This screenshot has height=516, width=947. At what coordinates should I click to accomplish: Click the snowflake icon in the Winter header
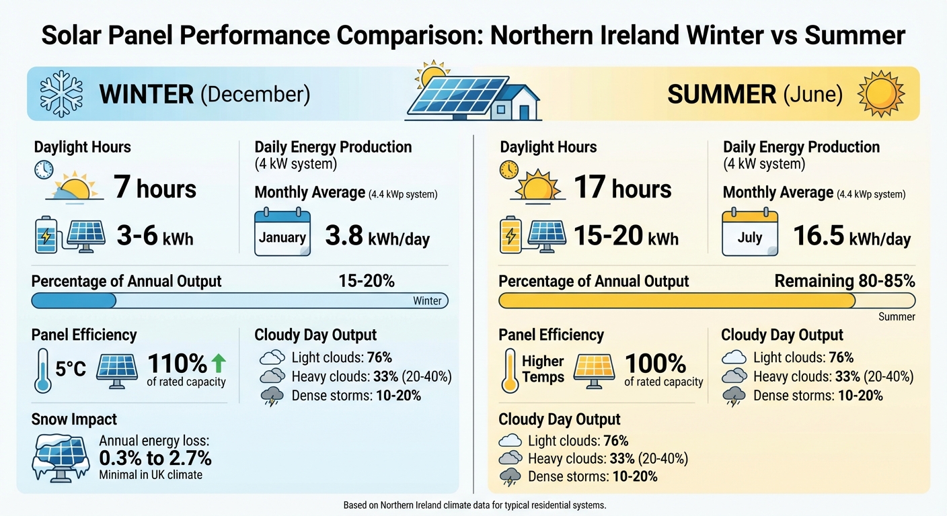click(62, 93)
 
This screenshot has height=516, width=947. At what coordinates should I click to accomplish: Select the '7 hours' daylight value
click(155, 187)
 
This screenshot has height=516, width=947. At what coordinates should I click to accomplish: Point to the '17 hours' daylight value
click(622, 187)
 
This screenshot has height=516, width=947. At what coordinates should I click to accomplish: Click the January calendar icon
click(282, 232)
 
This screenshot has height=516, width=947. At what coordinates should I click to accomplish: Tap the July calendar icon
click(749, 232)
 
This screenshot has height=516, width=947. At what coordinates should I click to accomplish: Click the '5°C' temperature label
click(70, 369)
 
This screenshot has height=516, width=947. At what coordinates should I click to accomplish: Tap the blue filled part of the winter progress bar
click(74, 300)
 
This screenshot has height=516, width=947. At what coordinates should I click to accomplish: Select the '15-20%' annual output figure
click(367, 281)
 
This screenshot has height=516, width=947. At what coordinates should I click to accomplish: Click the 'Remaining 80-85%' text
click(844, 281)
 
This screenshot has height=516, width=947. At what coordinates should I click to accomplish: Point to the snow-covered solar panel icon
click(61, 459)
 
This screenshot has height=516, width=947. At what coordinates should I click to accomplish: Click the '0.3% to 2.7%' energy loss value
click(155, 458)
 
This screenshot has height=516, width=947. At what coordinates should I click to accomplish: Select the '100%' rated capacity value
click(655, 363)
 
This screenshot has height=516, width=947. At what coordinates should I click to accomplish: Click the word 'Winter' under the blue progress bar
click(427, 301)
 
